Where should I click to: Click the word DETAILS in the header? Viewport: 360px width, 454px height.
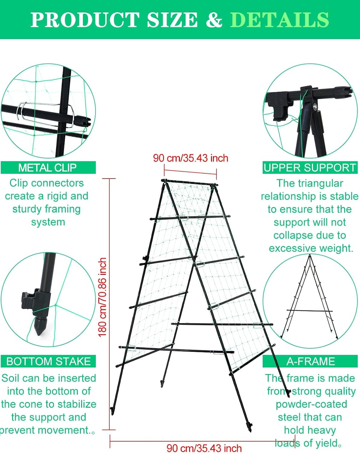[x=279, y=20]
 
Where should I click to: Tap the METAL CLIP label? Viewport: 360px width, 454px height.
[x=48, y=167]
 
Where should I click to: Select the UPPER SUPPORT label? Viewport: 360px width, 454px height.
[x=309, y=167]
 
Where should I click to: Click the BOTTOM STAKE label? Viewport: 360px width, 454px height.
[x=48, y=361]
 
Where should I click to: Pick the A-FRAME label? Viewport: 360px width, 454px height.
[x=311, y=361]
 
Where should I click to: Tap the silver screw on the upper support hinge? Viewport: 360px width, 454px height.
[x=315, y=106]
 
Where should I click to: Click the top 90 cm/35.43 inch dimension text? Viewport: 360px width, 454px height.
[x=190, y=158]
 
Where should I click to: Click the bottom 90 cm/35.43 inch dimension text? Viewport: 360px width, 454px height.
[x=204, y=448]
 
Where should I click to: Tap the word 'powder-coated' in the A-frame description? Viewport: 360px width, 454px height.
[x=311, y=404]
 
